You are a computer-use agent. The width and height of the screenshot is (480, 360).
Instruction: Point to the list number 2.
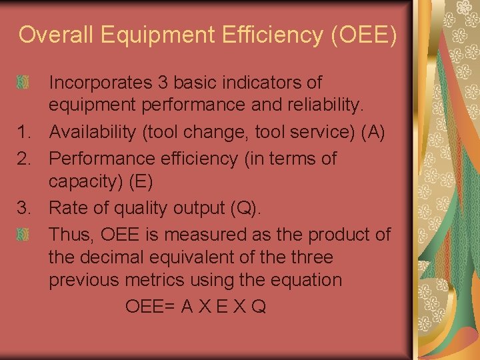coord(25,158)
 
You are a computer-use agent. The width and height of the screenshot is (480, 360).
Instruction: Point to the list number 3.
coord(25,208)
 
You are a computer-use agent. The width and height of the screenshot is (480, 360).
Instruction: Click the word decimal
coord(113,257)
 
